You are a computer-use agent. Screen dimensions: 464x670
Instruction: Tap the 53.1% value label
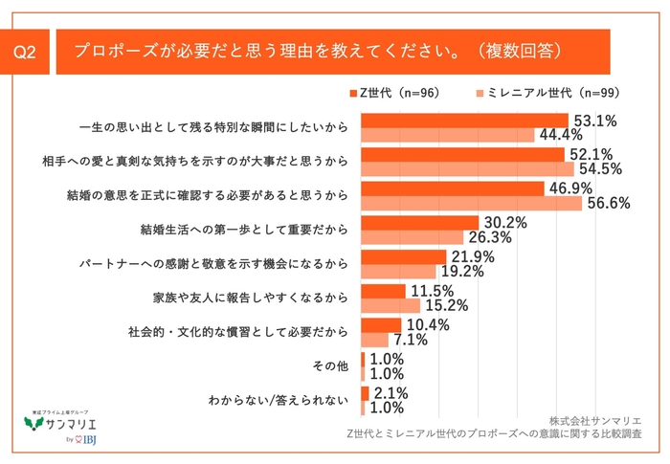point(593,120)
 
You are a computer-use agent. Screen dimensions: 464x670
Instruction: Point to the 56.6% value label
point(607,204)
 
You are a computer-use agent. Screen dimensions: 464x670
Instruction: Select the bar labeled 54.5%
point(467,168)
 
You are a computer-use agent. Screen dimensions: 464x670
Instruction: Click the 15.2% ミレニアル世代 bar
point(391,306)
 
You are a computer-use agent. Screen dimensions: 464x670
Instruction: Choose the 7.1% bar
point(374,341)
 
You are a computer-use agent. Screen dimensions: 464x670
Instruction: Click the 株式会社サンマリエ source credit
point(595,420)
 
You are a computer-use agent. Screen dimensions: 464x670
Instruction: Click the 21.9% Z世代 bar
point(403,257)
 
